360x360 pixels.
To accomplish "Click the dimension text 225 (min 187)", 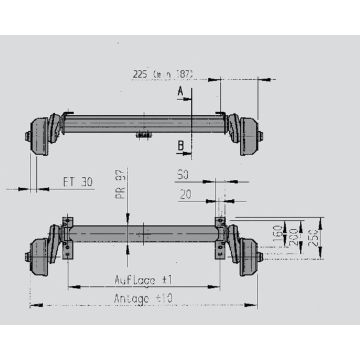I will pos(163,73).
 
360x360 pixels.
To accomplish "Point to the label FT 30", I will pos(76,183).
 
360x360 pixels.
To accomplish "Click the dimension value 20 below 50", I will pos(186,196).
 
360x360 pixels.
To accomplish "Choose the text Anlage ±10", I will pos(144,297).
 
